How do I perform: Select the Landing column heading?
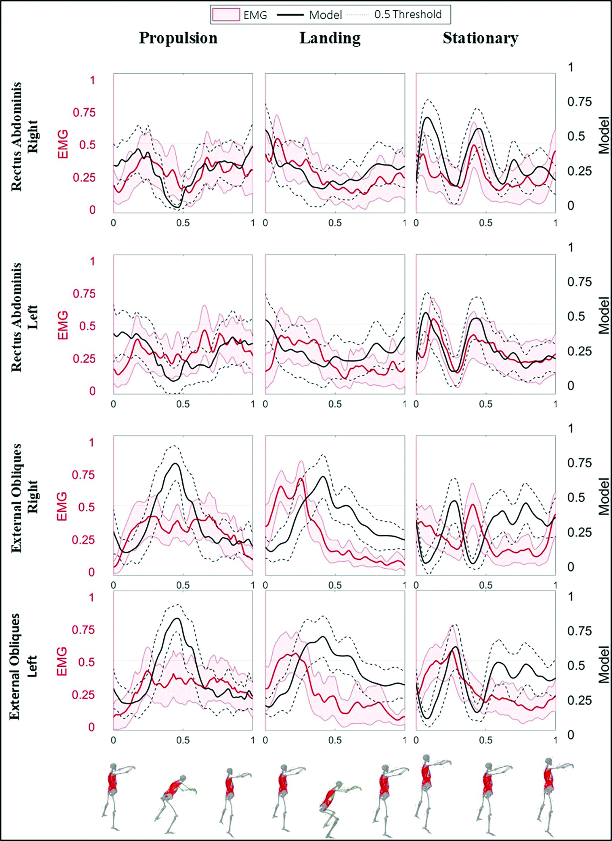click(x=330, y=38)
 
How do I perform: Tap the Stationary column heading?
click(x=480, y=38)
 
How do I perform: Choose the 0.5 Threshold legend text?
click(x=408, y=15)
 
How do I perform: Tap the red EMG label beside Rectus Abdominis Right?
click(x=63, y=144)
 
